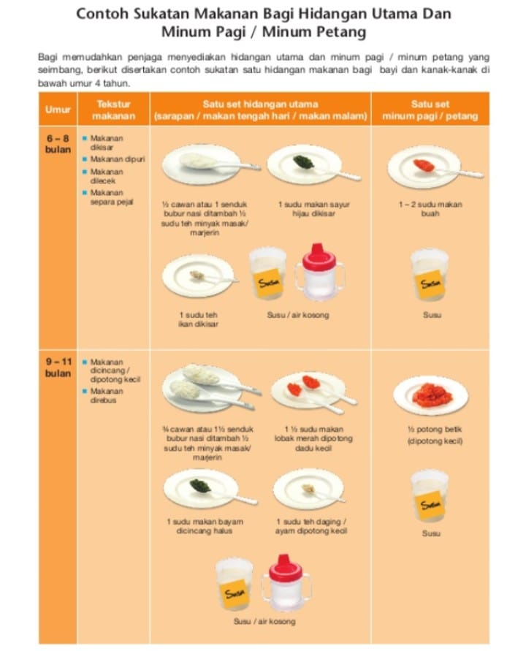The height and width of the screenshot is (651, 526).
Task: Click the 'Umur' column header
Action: click(58, 110)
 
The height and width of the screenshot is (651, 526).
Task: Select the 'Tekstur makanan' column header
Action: click(113, 110)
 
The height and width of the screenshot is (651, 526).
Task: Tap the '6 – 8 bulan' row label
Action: click(58, 144)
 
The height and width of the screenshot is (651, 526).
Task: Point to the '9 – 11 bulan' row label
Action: click(58, 368)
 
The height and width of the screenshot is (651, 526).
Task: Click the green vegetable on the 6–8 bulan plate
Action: click(303, 162)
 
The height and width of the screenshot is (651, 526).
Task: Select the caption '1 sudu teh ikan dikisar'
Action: click(198, 319)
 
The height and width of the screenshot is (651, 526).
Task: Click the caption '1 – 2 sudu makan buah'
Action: click(430, 209)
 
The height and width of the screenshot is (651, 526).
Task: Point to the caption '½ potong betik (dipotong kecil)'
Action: click(435, 435)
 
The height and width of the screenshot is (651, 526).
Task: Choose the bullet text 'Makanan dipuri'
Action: click(118, 159)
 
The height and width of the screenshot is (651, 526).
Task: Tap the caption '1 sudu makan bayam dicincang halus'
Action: click(205, 526)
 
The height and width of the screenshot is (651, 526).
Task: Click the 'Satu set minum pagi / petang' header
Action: click(430, 110)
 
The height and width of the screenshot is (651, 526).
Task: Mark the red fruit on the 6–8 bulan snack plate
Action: click(424, 165)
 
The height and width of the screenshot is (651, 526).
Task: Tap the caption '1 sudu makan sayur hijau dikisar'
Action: click(314, 209)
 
